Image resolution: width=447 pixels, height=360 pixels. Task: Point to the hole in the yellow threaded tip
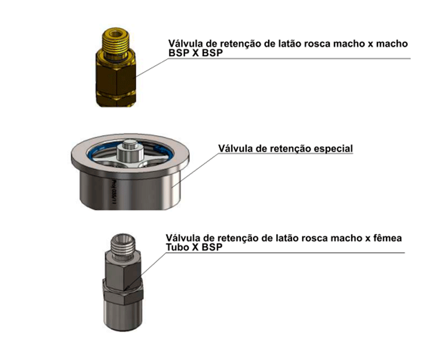pos(116,34)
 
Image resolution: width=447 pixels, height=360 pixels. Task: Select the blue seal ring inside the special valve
pos(129,146)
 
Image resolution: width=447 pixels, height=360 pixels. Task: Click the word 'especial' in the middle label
pos(333,149)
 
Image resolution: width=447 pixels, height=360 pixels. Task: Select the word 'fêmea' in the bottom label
pos(387,237)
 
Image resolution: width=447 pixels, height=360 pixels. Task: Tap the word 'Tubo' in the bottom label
pos(178,247)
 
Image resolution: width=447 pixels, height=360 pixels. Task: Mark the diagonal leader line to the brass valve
pos(152,67)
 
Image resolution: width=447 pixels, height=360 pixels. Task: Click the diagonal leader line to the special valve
pos(196,170)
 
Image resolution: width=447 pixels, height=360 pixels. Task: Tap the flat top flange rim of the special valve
pos(130,168)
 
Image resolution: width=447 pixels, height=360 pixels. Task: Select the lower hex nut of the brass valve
pos(116,100)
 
